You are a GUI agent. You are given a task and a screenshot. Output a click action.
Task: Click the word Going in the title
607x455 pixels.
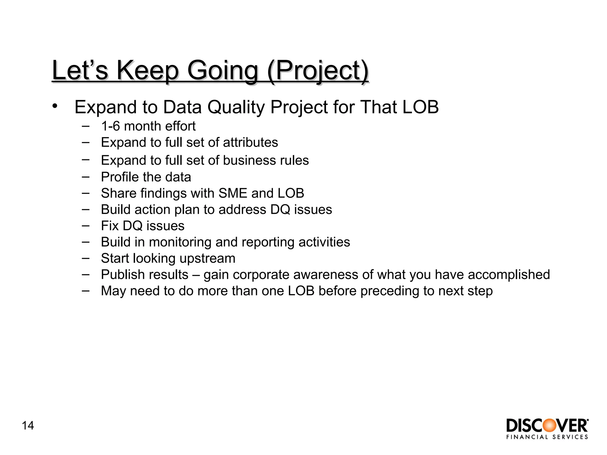[223, 71]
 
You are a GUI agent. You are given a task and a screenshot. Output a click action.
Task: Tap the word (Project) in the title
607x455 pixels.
[318, 71]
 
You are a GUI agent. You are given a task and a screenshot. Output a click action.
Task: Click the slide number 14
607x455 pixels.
[28, 426]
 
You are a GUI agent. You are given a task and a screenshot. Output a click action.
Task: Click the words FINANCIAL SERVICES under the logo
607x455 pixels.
[547, 437]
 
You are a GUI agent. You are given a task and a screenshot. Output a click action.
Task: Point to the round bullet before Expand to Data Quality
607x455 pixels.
[54, 106]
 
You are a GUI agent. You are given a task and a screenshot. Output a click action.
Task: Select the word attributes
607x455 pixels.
[250, 142]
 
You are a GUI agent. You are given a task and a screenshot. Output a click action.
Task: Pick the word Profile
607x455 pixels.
[120, 177]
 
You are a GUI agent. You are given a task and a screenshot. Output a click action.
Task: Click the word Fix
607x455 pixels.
[110, 226]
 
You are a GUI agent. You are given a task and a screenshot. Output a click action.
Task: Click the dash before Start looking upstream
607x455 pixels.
[86, 258]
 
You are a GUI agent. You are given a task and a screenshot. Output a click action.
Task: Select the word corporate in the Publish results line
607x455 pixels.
[261, 275]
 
